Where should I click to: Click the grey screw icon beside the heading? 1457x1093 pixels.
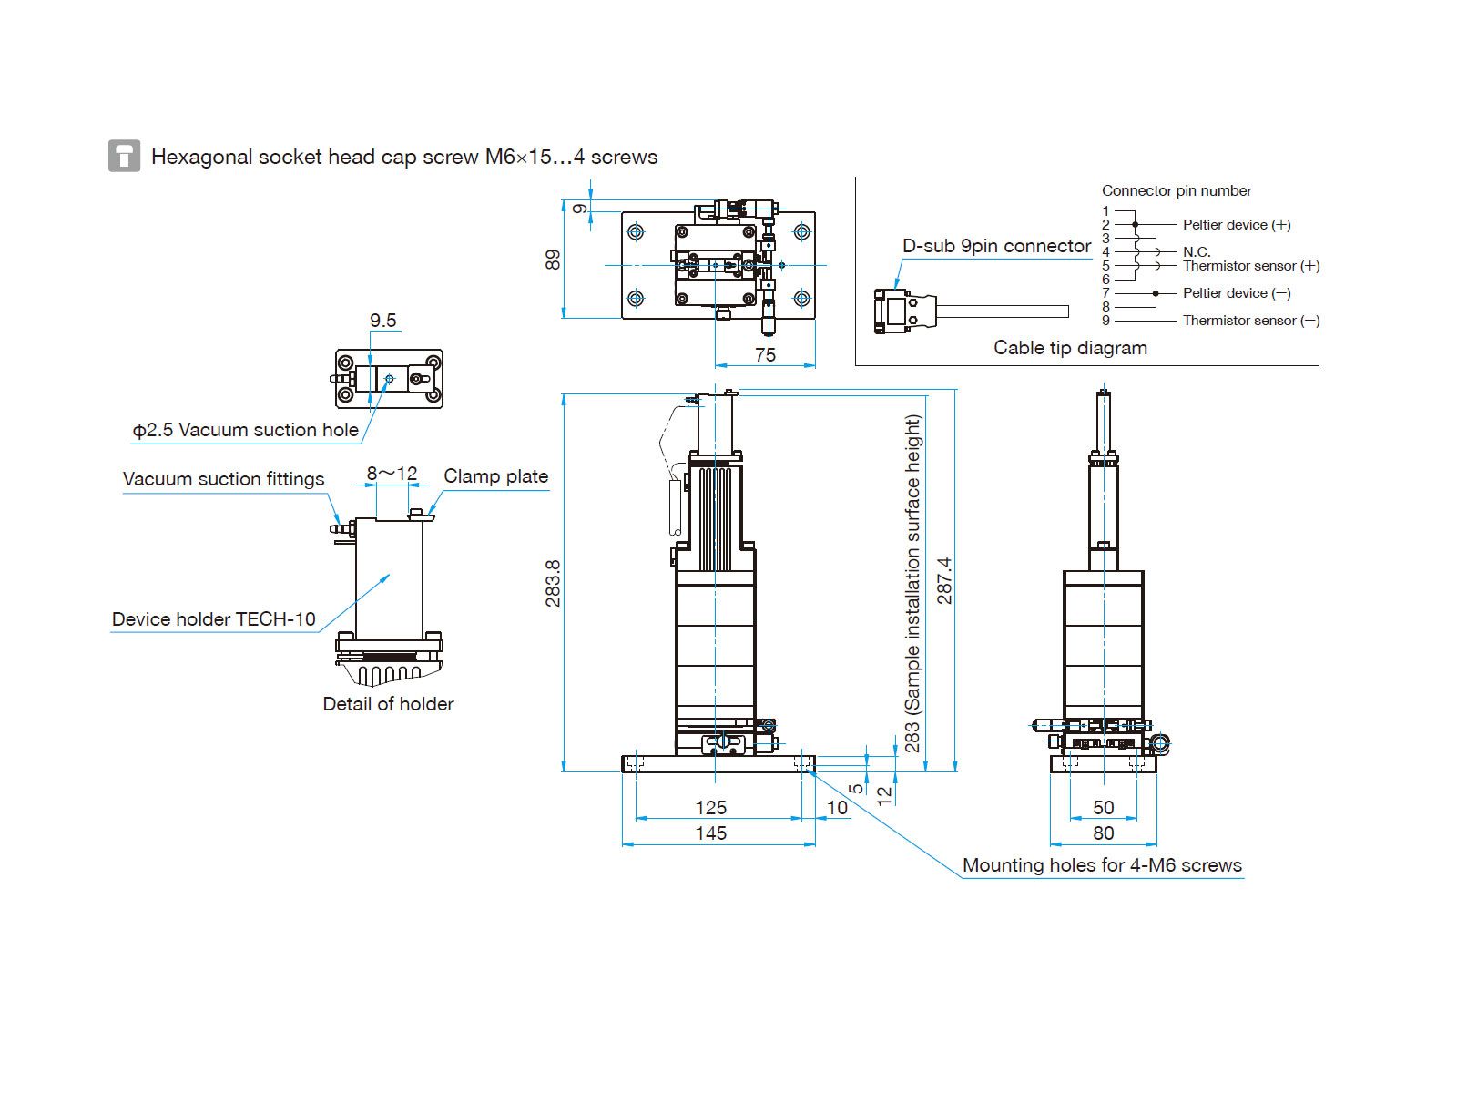[x=124, y=156]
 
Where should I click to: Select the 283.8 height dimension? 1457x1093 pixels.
[x=553, y=583]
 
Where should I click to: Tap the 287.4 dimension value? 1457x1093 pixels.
[x=944, y=581]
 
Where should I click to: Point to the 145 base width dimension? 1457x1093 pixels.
[x=711, y=833]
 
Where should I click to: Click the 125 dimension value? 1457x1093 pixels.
[x=711, y=808]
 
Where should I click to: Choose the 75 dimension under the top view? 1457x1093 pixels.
[x=765, y=355]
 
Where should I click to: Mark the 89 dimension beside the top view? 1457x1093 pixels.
[x=553, y=260]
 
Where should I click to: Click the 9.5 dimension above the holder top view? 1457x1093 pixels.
[x=383, y=321]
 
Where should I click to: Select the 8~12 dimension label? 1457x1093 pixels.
[x=392, y=473]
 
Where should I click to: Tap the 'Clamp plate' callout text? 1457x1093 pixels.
[x=496, y=476]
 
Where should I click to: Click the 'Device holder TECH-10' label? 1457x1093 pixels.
[x=214, y=619]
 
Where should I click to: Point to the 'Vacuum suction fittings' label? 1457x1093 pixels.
[x=224, y=479]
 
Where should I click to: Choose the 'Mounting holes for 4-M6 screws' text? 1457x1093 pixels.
[x=1102, y=865]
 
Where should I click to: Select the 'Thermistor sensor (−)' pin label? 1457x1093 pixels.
[x=1251, y=321]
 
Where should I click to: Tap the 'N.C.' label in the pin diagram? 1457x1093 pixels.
[x=1197, y=252]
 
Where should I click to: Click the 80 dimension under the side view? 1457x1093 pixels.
[x=1103, y=833]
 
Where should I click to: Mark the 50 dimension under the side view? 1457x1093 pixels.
[x=1103, y=808]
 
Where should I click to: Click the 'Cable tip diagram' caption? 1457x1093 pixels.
[x=1070, y=348]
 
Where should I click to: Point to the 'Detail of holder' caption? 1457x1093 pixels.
[x=388, y=703]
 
